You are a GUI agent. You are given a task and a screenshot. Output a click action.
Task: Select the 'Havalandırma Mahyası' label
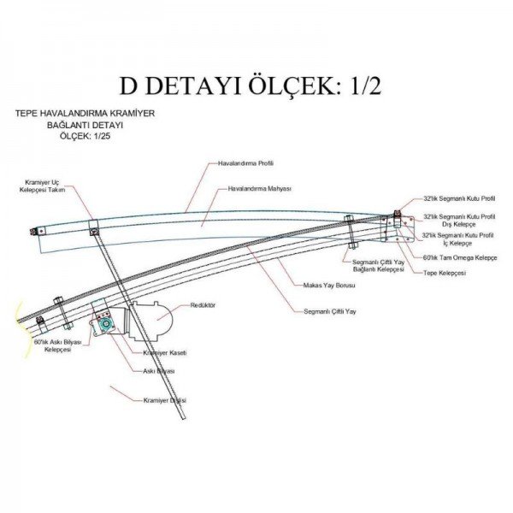pyautogui.click(x=260, y=188)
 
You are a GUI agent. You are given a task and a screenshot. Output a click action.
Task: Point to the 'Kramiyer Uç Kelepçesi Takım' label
pyautogui.click(x=44, y=186)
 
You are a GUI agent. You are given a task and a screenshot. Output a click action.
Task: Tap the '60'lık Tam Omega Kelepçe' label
pyautogui.click(x=460, y=257)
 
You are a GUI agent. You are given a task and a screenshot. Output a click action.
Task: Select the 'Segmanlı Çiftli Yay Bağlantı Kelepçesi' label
pyautogui.click(x=378, y=265)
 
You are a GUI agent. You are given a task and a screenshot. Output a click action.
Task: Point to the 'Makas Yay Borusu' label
pyautogui.click(x=329, y=285)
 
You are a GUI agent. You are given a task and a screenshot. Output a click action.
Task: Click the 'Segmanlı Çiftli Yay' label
pyautogui.click(x=330, y=311)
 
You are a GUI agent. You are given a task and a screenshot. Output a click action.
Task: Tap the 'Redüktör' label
pyautogui.click(x=203, y=305)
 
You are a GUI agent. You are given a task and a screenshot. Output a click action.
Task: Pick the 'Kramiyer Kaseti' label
pyautogui.click(x=165, y=352)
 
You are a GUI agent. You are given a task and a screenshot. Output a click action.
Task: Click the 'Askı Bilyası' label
pyautogui.click(x=159, y=371)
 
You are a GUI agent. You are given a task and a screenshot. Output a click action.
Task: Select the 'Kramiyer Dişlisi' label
pyautogui.click(x=165, y=400)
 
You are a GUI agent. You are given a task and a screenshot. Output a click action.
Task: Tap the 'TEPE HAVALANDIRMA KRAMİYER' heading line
pyautogui.click(x=85, y=113)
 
